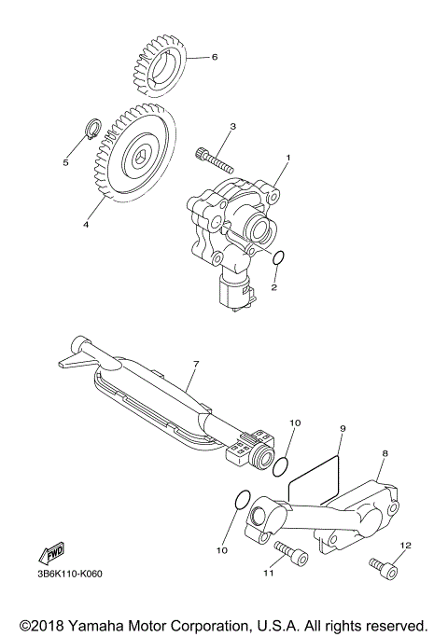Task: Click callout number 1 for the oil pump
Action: (288, 159)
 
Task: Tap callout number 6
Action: (214, 56)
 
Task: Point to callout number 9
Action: (343, 428)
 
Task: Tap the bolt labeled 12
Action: (384, 564)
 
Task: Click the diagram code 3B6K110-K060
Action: (69, 573)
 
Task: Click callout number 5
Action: (66, 162)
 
